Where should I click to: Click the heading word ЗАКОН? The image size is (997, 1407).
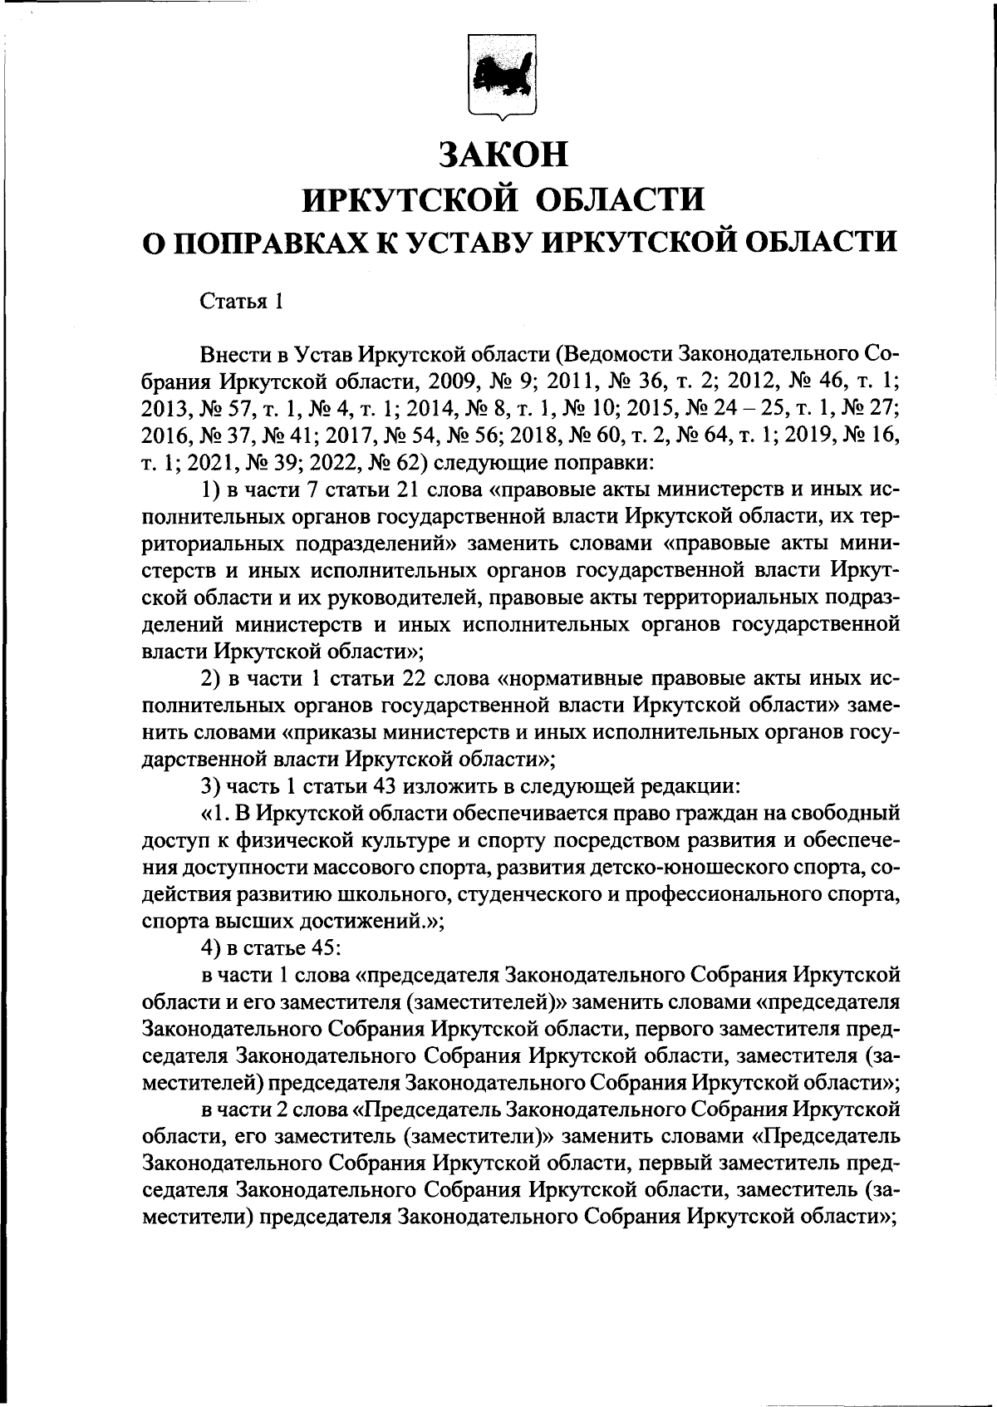[504, 155]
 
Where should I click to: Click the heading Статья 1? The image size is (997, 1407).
[242, 302]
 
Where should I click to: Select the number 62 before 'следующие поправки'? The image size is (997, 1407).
[418, 462]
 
